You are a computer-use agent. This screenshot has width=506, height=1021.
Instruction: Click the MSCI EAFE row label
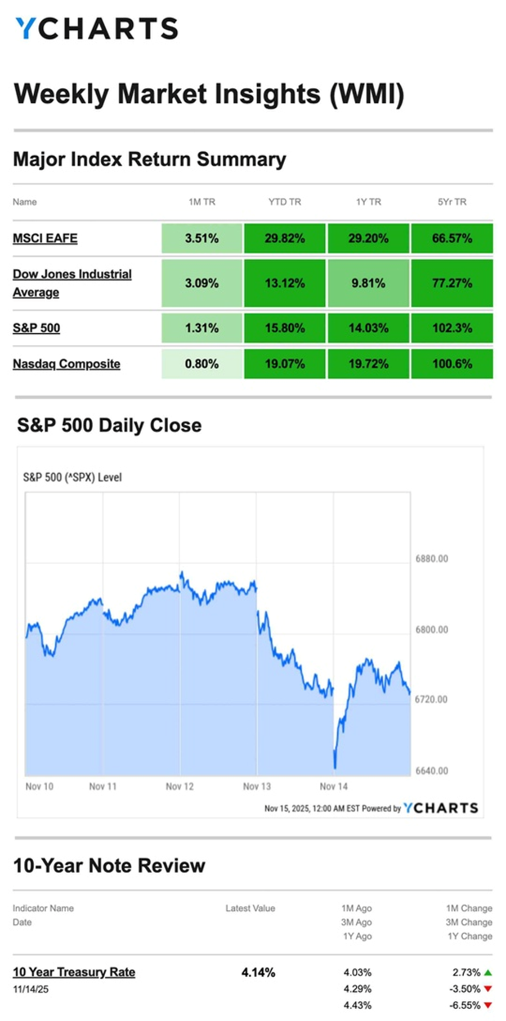click(x=45, y=238)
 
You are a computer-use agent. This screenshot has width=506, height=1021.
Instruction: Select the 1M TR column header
click(x=202, y=202)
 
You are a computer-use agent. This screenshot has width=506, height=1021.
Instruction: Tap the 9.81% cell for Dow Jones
click(x=368, y=283)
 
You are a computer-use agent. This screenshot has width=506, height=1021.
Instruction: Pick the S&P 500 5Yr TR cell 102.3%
click(x=452, y=328)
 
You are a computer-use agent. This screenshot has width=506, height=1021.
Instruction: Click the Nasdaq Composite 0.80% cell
click(x=202, y=364)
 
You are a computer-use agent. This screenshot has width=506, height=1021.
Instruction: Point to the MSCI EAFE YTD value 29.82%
click(x=285, y=238)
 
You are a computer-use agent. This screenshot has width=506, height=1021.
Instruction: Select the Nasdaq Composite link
click(x=67, y=364)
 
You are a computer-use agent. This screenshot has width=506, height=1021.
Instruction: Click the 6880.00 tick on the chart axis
click(x=432, y=559)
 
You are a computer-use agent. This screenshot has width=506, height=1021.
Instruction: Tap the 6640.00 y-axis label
click(x=432, y=771)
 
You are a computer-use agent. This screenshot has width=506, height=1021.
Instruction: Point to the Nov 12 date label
click(x=179, y=786)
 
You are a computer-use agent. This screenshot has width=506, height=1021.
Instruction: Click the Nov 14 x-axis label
click(x=334, y=786)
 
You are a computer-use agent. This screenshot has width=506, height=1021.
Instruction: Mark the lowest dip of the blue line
click(x=335, y=767)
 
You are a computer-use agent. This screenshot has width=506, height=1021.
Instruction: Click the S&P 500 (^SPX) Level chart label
click(x=72, y=477)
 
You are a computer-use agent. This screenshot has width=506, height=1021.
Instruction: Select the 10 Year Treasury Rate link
click(x=74, y=972)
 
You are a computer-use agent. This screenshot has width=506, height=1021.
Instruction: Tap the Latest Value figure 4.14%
click(x=258, y=973)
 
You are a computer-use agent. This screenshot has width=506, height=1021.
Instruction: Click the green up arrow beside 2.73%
click(x=488, y=973)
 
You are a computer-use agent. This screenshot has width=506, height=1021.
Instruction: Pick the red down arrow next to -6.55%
click(x=488, y=1005)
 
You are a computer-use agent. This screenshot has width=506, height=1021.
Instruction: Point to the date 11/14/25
click(x=31, y=989)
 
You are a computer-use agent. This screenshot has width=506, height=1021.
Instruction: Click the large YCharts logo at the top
click(x=97, y=28)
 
